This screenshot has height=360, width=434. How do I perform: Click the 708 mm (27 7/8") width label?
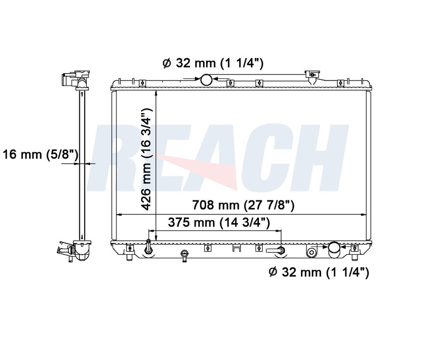pos(243,205)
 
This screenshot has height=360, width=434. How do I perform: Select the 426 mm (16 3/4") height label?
pos(146,159)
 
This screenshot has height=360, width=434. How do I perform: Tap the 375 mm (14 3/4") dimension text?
pos(219,223)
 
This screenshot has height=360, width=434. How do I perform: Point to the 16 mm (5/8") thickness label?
pos(40,154)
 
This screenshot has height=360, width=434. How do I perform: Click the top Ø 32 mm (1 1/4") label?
pos(213,63)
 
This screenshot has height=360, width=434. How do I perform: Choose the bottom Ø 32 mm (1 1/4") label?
pos(319,272)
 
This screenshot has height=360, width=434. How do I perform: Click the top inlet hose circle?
pos(206,80)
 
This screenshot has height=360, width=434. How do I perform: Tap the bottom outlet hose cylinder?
pos(335,250)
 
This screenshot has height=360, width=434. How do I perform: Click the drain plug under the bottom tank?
pos(184,256)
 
